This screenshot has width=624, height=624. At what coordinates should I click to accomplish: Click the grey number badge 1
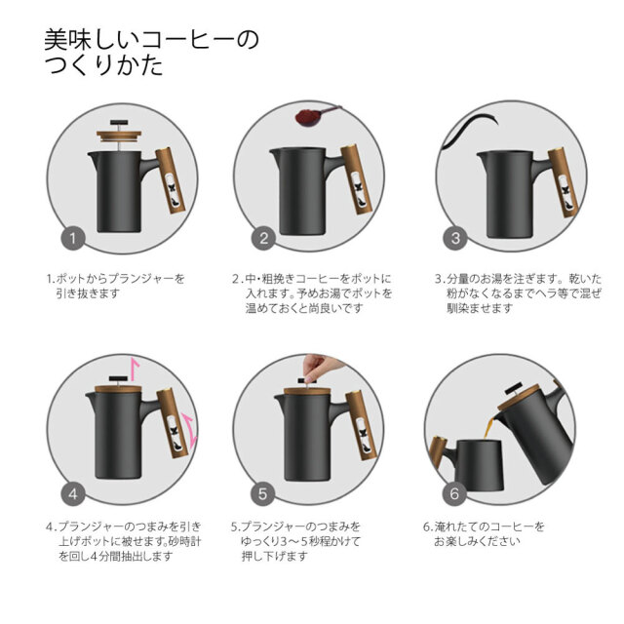click(73, 238)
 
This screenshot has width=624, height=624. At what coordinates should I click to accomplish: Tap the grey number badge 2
click(263, 238)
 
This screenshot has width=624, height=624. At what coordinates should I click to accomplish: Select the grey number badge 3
click(455, 238)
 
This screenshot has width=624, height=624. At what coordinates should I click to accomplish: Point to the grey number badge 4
click(73, 494)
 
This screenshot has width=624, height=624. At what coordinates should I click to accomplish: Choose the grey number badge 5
click(262, 494)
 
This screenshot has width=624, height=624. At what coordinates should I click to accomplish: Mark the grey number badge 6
click(454, 494)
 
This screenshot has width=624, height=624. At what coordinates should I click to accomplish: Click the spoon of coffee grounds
click(314, 116)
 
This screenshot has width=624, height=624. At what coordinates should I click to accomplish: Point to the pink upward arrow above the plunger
click(135, 369)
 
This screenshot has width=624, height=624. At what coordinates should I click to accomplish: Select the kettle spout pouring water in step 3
click(468, 130)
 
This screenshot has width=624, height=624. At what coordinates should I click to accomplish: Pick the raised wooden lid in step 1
click(119, 136)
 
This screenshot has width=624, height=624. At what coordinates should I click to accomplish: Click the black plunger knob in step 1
click(119, 122)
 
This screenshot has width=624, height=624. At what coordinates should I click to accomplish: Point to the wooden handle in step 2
click(356, 179)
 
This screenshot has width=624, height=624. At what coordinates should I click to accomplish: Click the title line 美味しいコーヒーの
click(152, 39)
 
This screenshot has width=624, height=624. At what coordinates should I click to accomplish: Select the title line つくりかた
click(103, 65)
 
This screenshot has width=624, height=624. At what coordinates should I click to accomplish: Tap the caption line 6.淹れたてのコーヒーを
click(484, 526)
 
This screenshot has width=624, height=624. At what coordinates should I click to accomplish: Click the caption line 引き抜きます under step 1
click(88, 293)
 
